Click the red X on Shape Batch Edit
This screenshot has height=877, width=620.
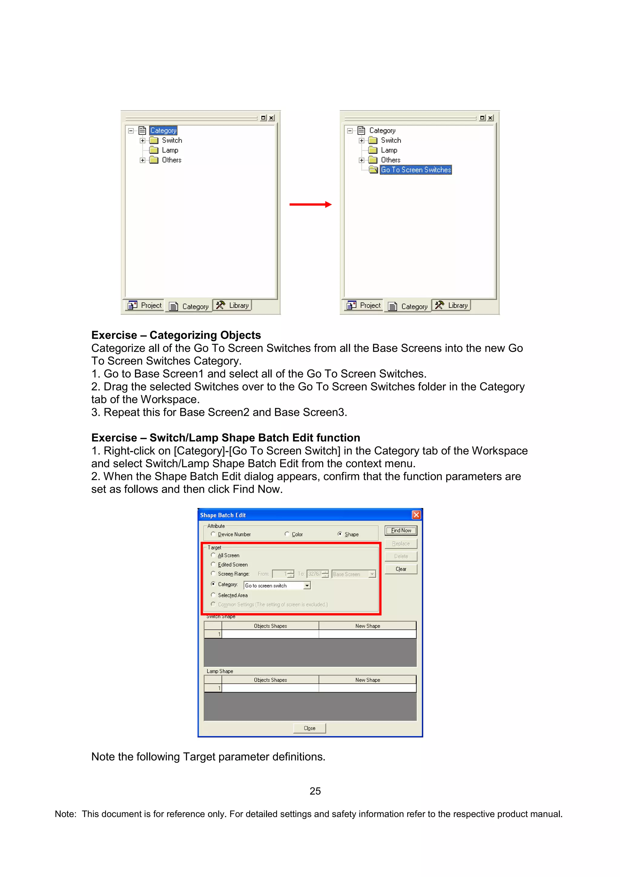click(416, 515)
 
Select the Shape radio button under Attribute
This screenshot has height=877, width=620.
click(340, 534)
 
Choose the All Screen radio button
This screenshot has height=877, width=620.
click(213, 555)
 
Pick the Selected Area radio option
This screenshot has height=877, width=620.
click(213, 595)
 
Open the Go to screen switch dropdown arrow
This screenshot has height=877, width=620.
click(307, 585)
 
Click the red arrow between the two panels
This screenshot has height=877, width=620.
click(310, 204)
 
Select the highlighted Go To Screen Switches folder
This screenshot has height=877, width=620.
click(416, 169)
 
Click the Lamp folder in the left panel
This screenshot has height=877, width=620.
click(170, 150)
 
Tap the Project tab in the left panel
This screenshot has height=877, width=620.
click(145, 305)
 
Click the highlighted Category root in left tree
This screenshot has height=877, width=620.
click(163, 130)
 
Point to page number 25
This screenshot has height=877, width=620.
click(315, 791)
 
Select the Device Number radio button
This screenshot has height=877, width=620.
click(213, 534)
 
